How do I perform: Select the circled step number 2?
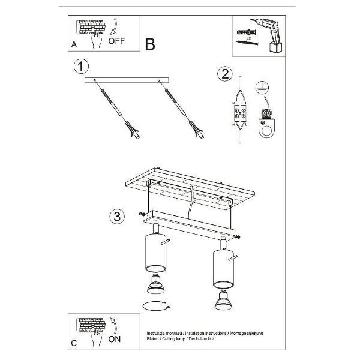coord(224,74)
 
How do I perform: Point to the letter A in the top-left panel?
coord(74,44)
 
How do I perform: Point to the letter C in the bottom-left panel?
coord(74,343)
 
